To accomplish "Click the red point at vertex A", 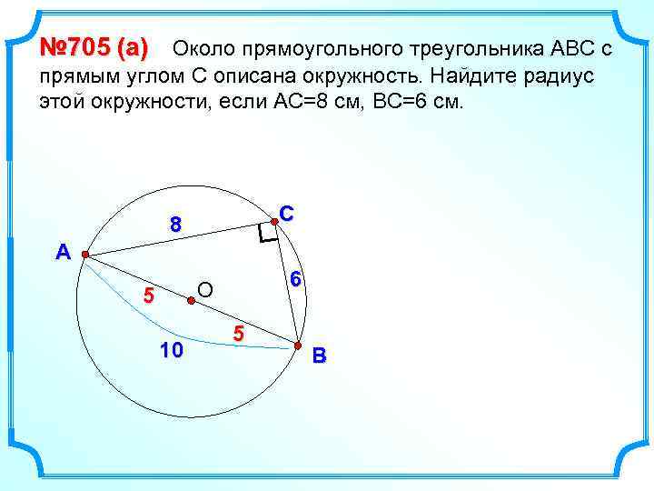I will (x=84, y=256).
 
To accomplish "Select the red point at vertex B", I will (x=296, y=345).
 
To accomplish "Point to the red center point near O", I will (x=190, y=301).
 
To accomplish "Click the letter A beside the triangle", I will (x=62, y=253).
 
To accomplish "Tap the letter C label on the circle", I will (x=287, y=214).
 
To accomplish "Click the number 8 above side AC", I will (x=175, y=224).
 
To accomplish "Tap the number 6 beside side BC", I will (x=295, y=281).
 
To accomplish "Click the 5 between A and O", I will (x=150, y=296).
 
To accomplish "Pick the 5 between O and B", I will (x=238, y=334).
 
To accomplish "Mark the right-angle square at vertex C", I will (x=265, y=235).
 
